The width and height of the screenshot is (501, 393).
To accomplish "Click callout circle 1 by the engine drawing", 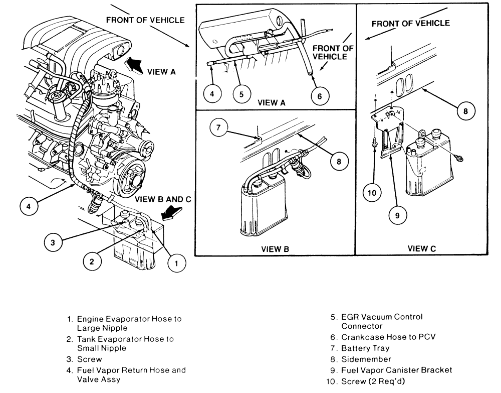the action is [176, 264].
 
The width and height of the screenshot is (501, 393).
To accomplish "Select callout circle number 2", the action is [92, 262].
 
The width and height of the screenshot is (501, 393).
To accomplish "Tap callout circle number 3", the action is [53, 242].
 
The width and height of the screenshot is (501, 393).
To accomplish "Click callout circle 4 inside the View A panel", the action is [212, 94].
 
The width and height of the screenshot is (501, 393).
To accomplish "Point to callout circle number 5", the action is [241, 94].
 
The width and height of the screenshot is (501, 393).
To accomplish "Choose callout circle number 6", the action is [320, 96].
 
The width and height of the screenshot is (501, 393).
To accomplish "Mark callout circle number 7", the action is [218, 127].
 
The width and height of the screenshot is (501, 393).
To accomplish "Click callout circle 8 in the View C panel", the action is [465, 111].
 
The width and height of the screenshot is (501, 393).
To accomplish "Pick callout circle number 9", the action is [397, 215].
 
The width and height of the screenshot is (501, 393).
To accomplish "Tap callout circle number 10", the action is [372, 193].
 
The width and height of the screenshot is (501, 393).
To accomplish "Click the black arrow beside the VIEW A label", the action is [133, 64].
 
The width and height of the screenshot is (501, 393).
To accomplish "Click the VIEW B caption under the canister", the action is [275, 249].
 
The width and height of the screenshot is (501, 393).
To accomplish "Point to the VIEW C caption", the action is [422, 248].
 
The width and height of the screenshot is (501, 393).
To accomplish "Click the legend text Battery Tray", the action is [365, 348].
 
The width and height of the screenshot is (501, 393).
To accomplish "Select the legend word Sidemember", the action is [366, 359].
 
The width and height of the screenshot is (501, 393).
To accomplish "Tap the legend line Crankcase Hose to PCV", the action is [388, 337].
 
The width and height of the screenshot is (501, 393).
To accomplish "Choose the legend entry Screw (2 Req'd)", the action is [373, 381].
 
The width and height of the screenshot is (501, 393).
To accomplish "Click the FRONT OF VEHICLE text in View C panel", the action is [411, 24].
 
